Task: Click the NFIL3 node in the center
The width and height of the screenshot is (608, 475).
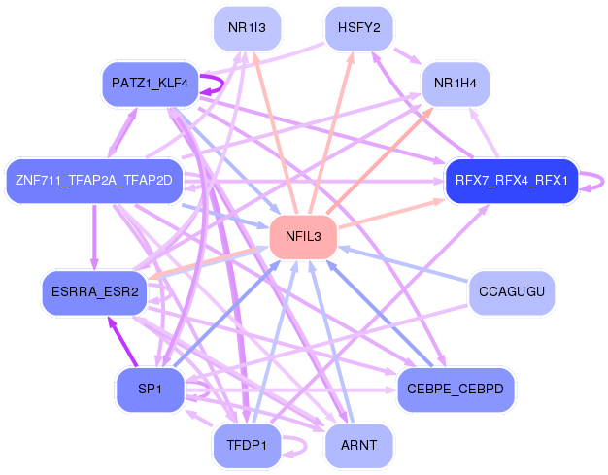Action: click(x=303, y=236)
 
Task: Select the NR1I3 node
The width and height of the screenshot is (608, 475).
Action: click(x=247, y=28)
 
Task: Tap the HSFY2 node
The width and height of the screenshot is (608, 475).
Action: click(x=359, y=28)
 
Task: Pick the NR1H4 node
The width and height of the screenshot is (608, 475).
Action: click(x=456, y=84)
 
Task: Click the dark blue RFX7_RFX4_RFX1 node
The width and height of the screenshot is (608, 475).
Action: click(x=512, y=181)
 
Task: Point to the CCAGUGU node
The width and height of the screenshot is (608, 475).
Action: click(x=512, y=292)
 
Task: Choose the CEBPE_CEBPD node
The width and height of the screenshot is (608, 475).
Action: click(x=456, y=389)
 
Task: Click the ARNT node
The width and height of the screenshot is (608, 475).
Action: click(x=359, y=445)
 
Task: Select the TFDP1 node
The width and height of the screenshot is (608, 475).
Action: click(x=247, y=445)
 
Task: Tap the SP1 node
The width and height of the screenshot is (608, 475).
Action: click(x=151, y=389)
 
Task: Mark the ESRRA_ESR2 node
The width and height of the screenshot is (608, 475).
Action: click(x=95, y=292)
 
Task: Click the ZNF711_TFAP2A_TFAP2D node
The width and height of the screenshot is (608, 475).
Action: click(x=94, y=181)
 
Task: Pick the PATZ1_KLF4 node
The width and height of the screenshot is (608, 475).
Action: click(x=151, y=84)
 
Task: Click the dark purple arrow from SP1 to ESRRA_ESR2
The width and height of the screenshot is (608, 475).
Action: click(x=123, y=342)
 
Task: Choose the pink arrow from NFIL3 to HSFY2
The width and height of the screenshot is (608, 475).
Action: click(x=331, y=133)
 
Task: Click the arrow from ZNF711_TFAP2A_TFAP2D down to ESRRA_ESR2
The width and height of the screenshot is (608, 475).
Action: click(x=94, y=237)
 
